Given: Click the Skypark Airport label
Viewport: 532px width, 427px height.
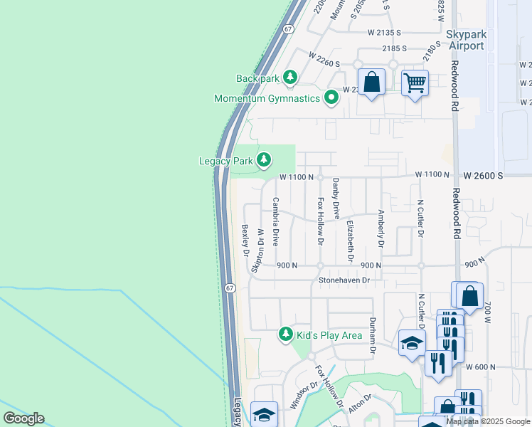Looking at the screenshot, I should point(466,40).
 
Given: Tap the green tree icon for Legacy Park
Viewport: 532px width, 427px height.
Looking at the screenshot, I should point(264,160).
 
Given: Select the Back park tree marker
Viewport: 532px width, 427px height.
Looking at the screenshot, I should point(289,77).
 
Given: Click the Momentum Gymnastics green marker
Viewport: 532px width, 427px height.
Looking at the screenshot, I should point(331,97).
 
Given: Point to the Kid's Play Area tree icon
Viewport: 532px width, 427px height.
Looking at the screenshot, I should point(286,334).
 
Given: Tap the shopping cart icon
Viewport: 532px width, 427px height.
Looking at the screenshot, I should point(415,82).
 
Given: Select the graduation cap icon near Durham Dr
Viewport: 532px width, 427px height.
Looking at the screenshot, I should point(412,343).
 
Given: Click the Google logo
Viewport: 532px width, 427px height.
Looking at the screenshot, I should point(23,418).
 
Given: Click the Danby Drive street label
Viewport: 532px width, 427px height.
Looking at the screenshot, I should point(336,203).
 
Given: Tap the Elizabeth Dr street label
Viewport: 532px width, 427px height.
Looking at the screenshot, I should point(350,241).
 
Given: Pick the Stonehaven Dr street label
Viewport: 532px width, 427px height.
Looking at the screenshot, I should point(345,280).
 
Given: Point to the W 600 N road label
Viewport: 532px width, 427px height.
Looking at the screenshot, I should point(480,367).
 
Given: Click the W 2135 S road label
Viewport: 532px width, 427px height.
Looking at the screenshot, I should point(385,33).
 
